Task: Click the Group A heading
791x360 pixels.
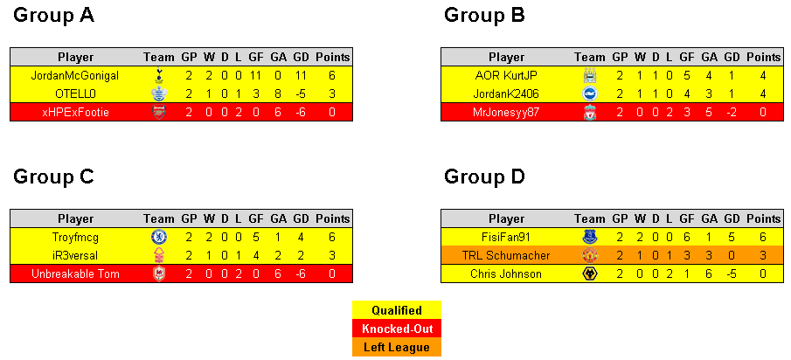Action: point(53,16)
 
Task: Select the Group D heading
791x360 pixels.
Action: point(484,177)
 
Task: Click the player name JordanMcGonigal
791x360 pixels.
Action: point(75,76)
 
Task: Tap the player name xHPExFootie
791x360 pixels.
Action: point(75,112)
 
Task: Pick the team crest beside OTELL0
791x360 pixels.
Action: point(158,93)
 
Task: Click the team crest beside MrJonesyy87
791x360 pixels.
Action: point(589,112)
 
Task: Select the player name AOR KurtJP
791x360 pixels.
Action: point(506,76)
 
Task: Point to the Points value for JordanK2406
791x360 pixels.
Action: point(763,93)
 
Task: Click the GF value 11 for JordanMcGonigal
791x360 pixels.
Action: point(256,76)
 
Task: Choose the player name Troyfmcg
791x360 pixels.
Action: point(75,237)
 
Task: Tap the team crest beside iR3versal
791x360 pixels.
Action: point(158,255)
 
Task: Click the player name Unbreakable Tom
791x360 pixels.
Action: point(75,273)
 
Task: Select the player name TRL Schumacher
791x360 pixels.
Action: point(506,255)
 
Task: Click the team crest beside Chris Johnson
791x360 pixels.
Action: point(589,273)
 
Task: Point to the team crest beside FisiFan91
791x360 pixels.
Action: point(589,237)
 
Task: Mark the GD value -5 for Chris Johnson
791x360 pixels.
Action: point(731,273)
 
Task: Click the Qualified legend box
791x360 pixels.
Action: point(397,310)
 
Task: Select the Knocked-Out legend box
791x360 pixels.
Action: point(397,329)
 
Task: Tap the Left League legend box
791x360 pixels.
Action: point(397,347)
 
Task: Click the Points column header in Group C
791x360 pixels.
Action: point(332,218)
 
